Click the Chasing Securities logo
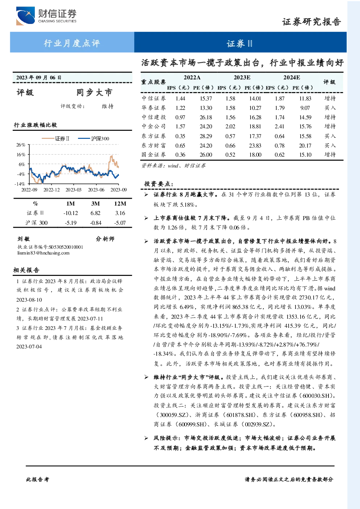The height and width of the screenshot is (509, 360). (46, 16)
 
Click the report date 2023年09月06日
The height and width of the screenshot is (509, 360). (39, 78)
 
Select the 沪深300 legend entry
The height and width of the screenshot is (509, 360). (94, 138)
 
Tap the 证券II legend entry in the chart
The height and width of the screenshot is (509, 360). (56, 138)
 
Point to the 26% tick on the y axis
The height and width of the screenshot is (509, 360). (21, 145)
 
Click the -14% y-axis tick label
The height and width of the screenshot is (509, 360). (20, 184)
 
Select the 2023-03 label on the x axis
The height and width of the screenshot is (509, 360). (73, 190)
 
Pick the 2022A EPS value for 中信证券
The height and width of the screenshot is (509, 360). (180, 99)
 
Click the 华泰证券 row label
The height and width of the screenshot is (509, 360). (154, 108)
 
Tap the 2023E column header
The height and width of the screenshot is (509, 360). (242, 78)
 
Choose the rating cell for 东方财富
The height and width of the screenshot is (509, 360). (330, 145)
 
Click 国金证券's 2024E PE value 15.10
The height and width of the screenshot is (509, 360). (305, 155)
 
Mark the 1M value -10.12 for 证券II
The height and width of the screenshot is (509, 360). (71, 213)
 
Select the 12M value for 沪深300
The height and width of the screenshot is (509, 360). (120, 223)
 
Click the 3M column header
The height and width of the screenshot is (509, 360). (95, 204)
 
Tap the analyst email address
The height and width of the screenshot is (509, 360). (44, 253)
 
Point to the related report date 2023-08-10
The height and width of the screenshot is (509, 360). (29, 300)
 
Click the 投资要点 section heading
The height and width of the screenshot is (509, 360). (159, 184)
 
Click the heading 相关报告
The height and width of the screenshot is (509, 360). (26, 270)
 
